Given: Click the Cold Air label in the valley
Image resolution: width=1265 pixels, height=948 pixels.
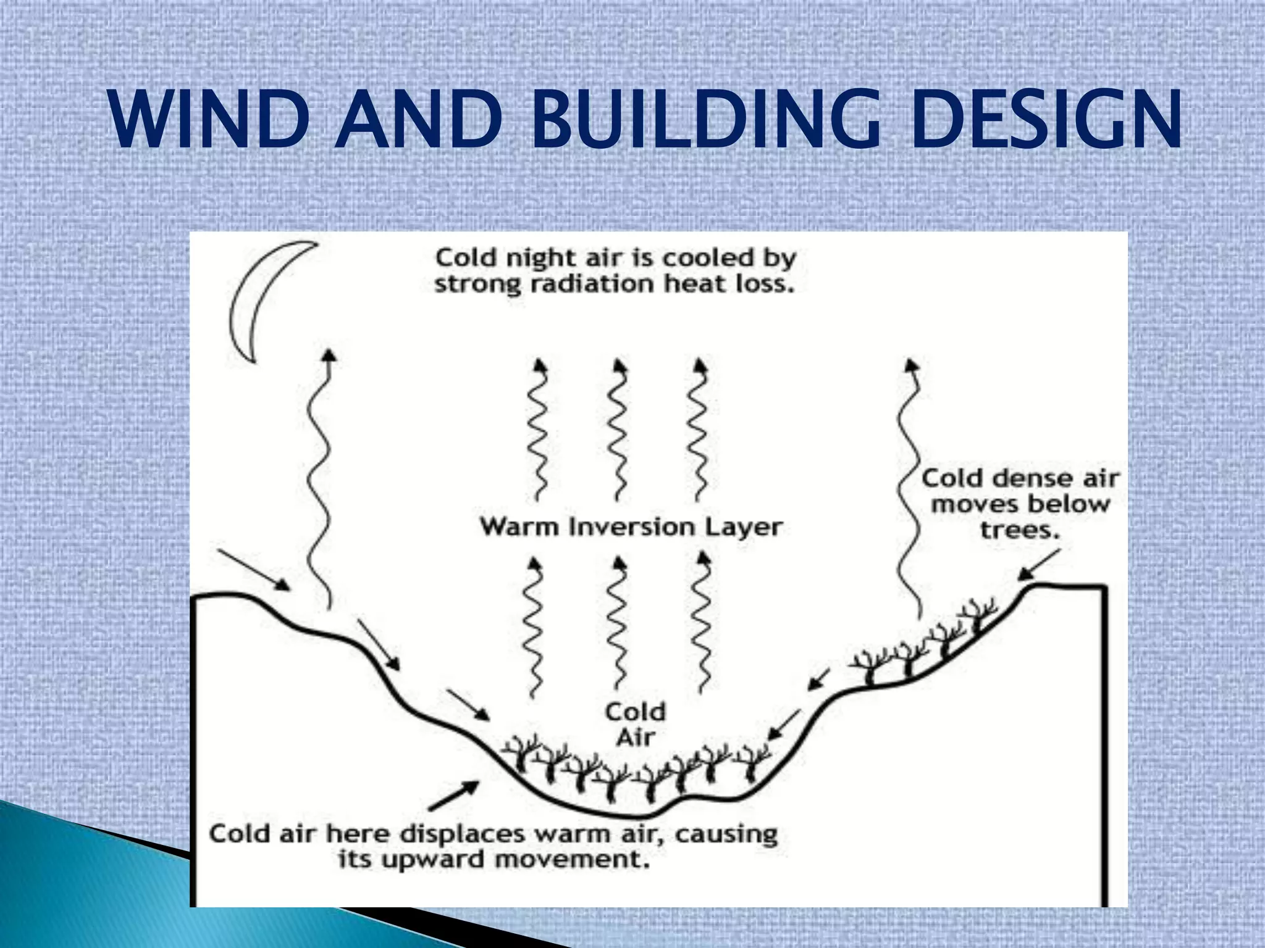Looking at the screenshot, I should (x=635, y=725).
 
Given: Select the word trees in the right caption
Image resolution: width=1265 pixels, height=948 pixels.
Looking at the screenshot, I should (x=1019, y=530).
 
